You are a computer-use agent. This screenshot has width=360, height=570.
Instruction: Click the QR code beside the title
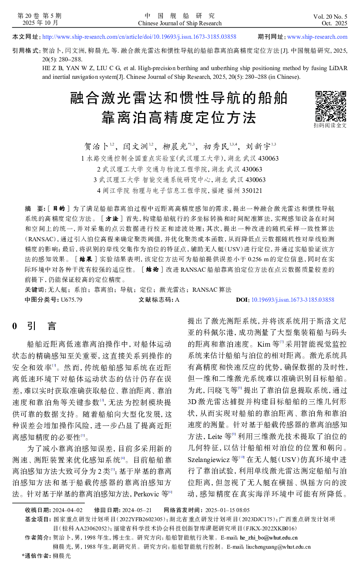click(330, 106)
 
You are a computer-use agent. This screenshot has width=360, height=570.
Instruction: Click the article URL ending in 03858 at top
click(139, 37)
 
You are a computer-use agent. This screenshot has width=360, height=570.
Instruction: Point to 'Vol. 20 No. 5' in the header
click(330, 17)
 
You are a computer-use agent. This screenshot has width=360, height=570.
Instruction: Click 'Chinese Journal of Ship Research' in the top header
click(180, 23)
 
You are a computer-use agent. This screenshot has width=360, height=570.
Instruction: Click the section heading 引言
click(42, 326)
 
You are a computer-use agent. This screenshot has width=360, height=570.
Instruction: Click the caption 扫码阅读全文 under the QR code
click(330, 125)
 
